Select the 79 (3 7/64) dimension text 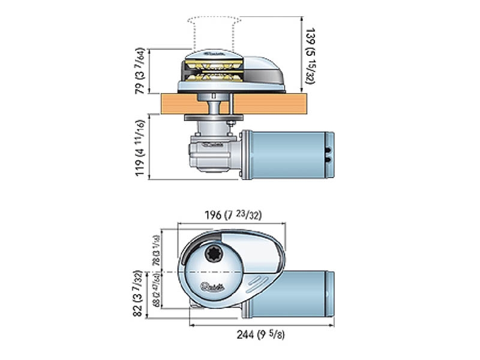(139, 71)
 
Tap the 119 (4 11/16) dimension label (139, 146)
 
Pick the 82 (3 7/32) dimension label (139, 293)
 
